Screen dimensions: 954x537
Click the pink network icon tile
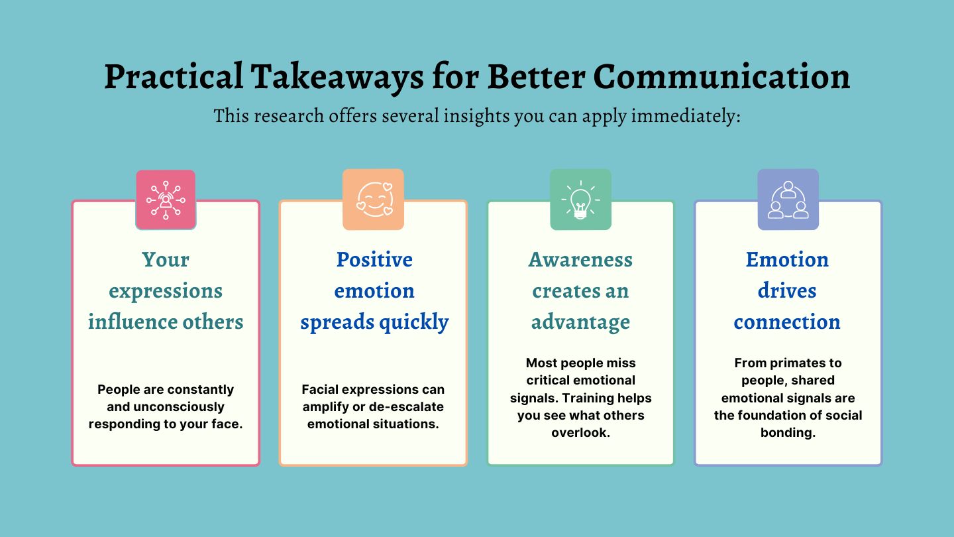[166, 200]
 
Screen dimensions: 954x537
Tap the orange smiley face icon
[374, 200]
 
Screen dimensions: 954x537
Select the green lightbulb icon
[581, 200]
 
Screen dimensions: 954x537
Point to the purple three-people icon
[788, 200]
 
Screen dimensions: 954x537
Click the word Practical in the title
[174, 77]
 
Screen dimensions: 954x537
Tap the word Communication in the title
[721, 77]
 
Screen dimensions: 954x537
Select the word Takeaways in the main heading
[337, 77]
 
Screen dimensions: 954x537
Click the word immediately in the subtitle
[686, 116]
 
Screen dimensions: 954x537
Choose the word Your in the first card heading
[166, 260]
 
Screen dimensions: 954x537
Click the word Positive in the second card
[374, 260]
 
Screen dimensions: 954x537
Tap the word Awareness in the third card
[580, 260]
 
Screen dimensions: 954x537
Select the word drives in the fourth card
[787, 290]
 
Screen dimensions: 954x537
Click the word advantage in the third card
[580, 322]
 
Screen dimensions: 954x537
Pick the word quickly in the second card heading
[413, 322]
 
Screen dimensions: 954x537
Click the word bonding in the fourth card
[788, 432]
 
